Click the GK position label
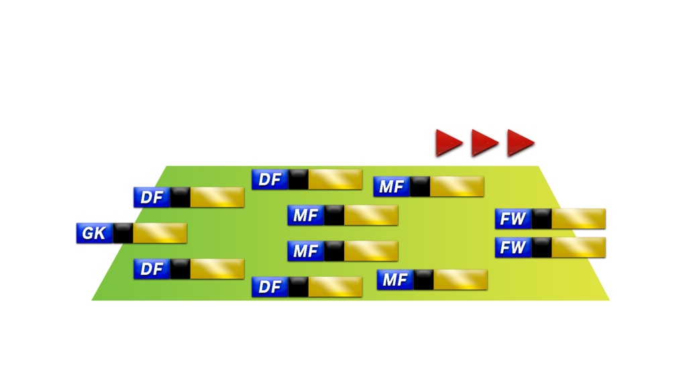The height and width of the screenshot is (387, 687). tap(94, 233)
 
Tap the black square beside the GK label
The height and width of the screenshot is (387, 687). tap(123, 233)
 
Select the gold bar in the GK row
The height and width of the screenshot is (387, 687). tap(160, 233)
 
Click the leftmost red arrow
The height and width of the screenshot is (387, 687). tap(448, 142)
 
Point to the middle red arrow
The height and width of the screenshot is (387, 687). tap(484, 142)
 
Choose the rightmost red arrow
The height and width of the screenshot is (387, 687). tap(519, 142)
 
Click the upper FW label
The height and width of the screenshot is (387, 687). tap(513, 218)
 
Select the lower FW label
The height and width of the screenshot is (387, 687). tap(513, 247)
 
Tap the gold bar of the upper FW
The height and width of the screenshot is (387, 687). tap(578, 218)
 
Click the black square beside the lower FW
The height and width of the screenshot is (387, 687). tap(541, 247)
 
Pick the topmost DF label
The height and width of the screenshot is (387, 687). tap(270, 179)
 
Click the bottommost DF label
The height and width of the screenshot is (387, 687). tap(270, 287)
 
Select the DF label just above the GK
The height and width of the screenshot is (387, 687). tap(152, 198)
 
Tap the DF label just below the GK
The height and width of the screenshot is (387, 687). tap(152, 269)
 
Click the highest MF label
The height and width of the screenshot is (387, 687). tap(391, 186)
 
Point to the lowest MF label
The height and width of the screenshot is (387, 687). tap(394, 279)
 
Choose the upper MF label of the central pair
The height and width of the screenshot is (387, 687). tap(306, 216)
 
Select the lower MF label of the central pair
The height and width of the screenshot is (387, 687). tap(306, 251)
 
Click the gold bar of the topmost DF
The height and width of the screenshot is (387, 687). tap(335, 179)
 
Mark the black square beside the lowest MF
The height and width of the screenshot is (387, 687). tap(423, 279)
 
